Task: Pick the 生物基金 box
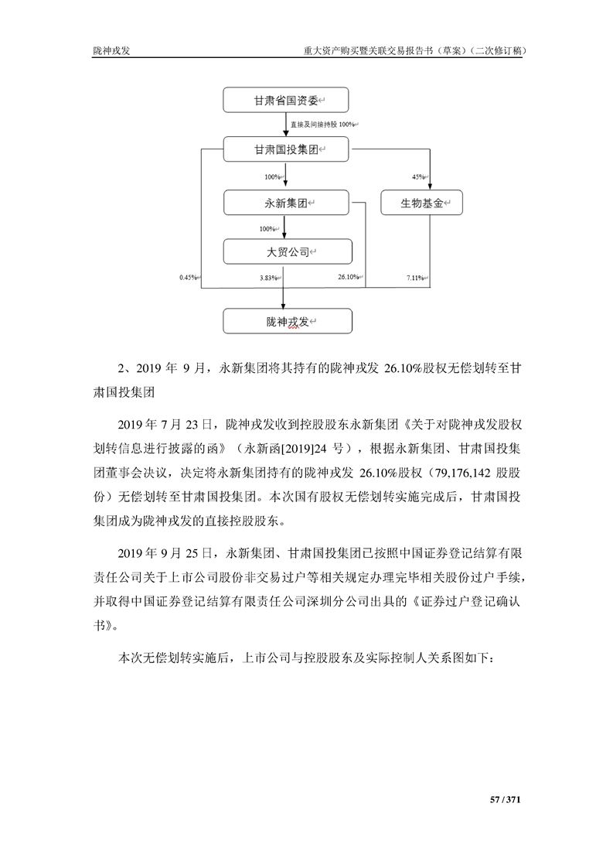point(421,203)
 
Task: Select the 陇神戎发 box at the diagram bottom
point(286,321)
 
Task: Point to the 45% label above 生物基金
point(418,177)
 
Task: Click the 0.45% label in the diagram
point(188,277)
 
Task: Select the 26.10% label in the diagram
point(348,277)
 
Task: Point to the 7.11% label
point(415,277)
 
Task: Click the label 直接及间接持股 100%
point(322,125)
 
